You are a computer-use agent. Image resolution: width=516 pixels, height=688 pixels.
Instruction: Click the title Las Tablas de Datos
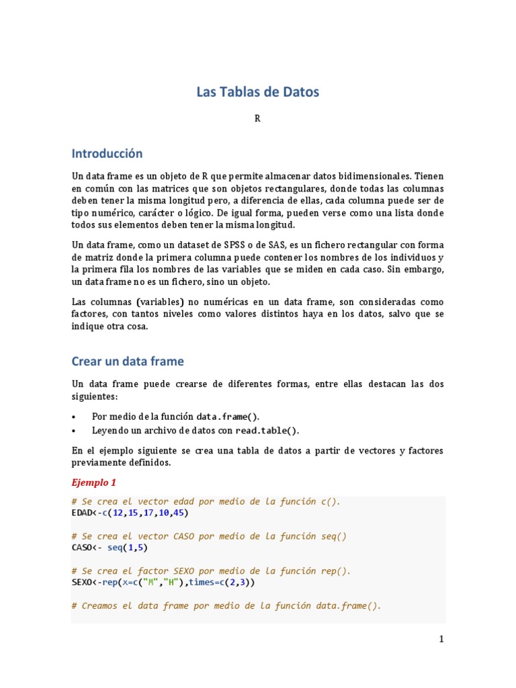click(257, 92)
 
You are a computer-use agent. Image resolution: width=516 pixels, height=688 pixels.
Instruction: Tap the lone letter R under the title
click(257, 119)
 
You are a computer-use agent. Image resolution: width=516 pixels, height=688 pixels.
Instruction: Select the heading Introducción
click(107, 154)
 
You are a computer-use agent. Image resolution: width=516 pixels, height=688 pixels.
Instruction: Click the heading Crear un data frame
click(127, 361)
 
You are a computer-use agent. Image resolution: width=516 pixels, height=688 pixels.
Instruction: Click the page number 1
click(441, 640)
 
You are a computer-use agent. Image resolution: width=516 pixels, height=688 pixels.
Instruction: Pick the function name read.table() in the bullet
click(266, 431)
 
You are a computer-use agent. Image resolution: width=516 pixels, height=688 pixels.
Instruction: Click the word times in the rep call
click(202, 583)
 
